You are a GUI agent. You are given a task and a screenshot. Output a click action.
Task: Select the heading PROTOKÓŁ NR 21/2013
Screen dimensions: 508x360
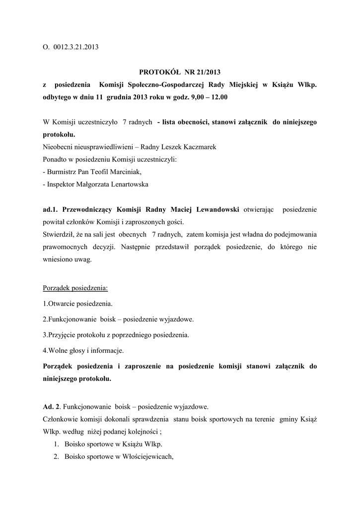180,73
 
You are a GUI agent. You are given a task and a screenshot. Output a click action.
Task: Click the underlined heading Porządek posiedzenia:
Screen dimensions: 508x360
75,288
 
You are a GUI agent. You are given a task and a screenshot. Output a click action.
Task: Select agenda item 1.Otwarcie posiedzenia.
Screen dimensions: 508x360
77,303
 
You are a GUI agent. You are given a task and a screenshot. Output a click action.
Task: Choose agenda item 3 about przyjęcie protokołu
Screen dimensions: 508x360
116,335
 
